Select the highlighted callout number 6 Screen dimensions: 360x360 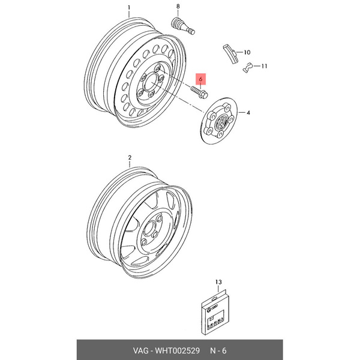202,77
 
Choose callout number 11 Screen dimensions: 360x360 265,66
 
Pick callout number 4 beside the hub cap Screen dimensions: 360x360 248,112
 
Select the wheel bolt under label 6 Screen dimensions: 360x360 199,93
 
